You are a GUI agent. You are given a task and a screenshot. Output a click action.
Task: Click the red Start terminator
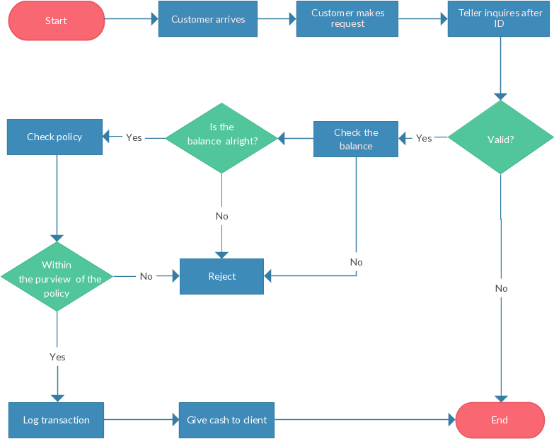[56, 21]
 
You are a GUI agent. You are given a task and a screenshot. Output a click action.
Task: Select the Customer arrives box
[208, 19]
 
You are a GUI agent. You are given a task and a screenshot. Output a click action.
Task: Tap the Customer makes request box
[347, 19]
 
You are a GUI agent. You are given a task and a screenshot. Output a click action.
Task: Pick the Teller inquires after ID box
[500, 18]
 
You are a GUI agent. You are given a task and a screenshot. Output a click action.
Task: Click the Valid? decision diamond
[501, 138]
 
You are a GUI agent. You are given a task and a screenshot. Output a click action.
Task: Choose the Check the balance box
[356, 139]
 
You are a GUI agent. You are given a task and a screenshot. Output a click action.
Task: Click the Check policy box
[54, 137]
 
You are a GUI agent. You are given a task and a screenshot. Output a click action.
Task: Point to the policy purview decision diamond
[57, 277]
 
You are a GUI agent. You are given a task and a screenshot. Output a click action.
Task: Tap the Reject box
[221, 276]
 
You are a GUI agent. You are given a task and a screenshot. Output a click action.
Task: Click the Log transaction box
[57, 420]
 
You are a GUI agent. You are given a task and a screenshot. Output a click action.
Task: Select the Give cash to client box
[226, 420]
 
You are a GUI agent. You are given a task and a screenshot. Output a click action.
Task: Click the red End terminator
[500, 420]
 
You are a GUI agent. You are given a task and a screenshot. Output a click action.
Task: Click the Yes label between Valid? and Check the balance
[424, 138]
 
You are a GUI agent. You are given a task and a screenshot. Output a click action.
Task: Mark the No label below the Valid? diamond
[501, 288]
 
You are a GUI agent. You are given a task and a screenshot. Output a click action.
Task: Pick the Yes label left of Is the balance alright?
[134, 137]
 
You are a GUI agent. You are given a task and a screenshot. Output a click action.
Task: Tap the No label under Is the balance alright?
[221, 216]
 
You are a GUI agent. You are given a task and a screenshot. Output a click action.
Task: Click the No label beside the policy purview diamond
[146, 276]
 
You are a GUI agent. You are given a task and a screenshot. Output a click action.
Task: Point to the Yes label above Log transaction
[57, 357]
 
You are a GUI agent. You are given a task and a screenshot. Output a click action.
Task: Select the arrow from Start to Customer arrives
[131, 20]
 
